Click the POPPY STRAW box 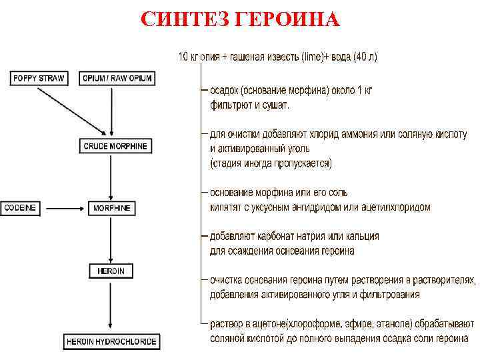39,78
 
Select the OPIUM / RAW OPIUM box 117,78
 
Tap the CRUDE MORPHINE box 115,146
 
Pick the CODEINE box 20,208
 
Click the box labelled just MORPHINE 111,208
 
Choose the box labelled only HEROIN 111,271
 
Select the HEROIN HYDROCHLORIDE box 111,342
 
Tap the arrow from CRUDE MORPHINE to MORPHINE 111,177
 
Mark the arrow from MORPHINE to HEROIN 111,239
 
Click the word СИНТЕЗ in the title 185,19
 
